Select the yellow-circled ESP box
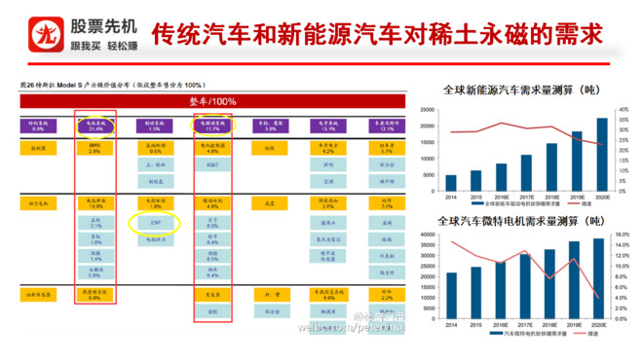155,223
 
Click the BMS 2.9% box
95,149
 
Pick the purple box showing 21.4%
95,126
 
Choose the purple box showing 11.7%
212,126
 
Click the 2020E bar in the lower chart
601,277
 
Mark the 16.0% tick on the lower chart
624,235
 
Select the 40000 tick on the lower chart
426,235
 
